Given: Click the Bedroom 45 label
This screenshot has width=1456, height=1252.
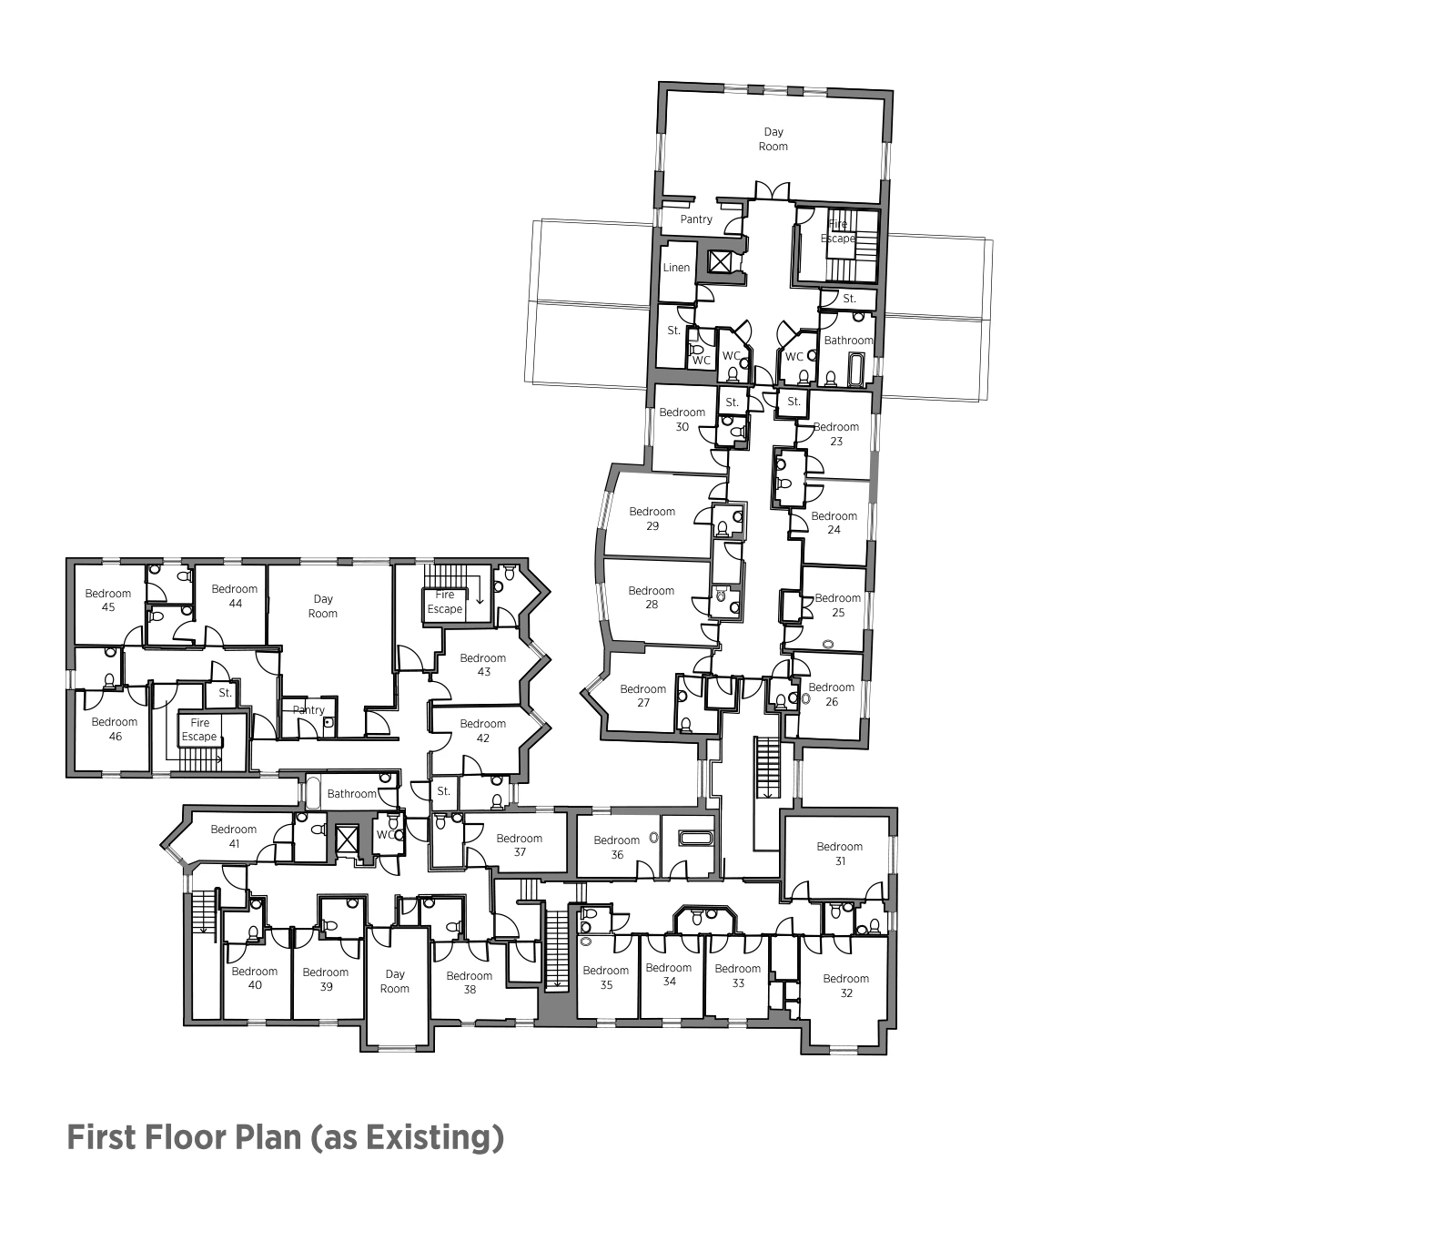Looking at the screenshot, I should coord(107,600).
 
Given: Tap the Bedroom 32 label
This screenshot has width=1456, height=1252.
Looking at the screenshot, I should coord(845,986).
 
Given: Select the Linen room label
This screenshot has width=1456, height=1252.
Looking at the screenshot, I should coord(676,268).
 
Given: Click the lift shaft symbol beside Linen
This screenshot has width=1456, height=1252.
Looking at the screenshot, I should coord(720,262).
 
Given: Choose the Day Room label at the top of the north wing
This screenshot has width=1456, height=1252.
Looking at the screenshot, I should coord(773,139).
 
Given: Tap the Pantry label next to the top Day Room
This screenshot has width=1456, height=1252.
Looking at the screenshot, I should coord(696,219).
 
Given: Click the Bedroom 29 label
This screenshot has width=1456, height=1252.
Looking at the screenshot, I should coord(652,518).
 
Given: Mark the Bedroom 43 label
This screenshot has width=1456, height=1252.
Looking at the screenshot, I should coord(482,665).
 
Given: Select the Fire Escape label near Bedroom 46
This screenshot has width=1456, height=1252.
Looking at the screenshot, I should coord(199,729).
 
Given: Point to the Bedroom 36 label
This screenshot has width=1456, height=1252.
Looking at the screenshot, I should coord(616,847).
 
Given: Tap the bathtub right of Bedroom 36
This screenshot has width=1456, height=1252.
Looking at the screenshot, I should coord(698,838).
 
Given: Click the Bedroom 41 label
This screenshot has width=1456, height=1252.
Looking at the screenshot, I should coord(233,836).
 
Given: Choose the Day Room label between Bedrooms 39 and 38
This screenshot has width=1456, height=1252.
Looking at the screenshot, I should coord(394,982).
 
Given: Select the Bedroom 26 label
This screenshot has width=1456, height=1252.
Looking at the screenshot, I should coord(831,695).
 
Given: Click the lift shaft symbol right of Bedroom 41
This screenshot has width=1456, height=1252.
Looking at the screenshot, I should coord(347,839).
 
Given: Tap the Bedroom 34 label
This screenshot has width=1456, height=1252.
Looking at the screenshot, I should coord(668,974).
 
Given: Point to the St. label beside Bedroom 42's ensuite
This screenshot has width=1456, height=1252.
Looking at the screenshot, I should coord(443,791).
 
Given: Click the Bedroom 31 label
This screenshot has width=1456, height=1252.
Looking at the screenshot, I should coord(838,853).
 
